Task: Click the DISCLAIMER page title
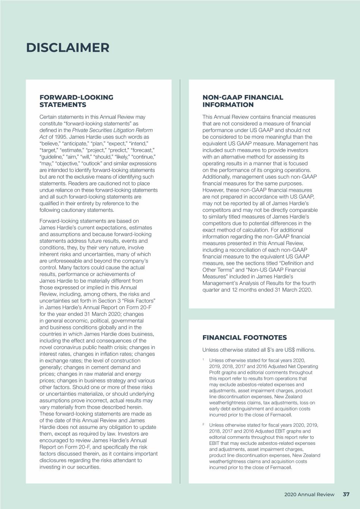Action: point(68,48)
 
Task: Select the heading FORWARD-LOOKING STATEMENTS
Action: point(76,101)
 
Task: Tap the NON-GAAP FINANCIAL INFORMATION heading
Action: point(242,101)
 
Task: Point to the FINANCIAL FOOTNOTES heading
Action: point(244,338)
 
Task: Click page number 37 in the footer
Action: point(346,494)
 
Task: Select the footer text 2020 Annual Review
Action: point(309,494)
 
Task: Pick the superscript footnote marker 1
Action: point(203,360)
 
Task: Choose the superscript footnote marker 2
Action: point(203,424)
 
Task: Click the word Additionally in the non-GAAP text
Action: point(218,177)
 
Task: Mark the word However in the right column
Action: point(214,190)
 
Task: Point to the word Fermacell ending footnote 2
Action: point(281,467)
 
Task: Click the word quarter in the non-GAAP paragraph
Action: point(211,290)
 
